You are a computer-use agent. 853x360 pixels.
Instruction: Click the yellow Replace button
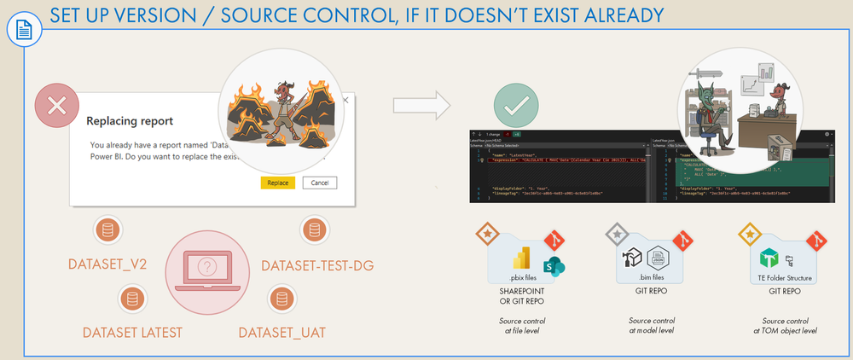pos(278,183)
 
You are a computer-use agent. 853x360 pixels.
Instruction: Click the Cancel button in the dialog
pos(320,183)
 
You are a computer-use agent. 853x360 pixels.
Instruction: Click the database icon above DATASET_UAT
pos(280,299)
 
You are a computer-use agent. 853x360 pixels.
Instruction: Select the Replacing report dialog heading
pos(131,121)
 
